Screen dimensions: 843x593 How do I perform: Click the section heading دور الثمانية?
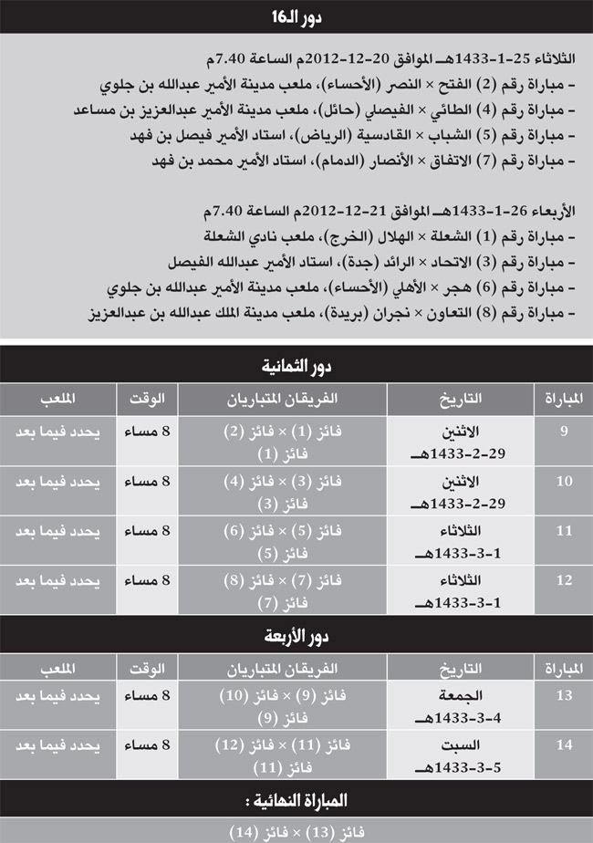pos(296,367)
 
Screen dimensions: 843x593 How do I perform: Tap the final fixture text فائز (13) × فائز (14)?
pos(296,831)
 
